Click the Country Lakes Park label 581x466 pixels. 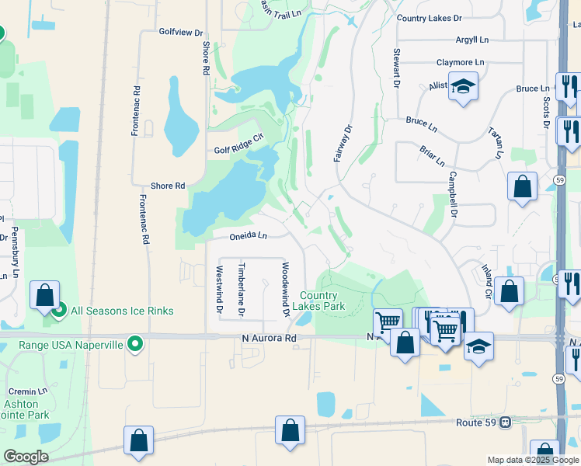318,301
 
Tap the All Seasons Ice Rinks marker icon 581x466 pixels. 59,311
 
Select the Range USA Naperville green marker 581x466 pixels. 135,343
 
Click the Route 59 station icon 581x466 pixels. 506,423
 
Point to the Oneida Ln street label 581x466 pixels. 248,235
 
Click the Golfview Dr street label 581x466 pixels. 180,33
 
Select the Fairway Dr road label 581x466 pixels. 343,143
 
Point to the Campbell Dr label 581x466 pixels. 452,193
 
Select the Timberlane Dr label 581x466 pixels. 242,290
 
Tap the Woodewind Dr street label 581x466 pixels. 285,290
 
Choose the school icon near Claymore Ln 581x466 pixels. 463,87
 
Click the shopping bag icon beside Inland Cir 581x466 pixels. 509,291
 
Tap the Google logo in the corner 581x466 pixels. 26,457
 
